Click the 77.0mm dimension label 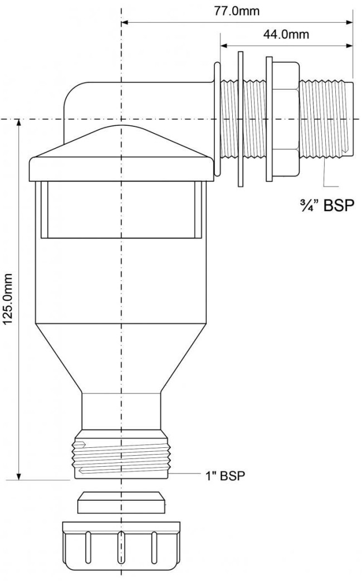(x=236, y=11)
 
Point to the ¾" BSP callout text (x=320, y=204)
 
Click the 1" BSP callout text (x=226, y=475)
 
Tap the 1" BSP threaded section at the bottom (x=122, y=455)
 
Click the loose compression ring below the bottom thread (x=121, y=503)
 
